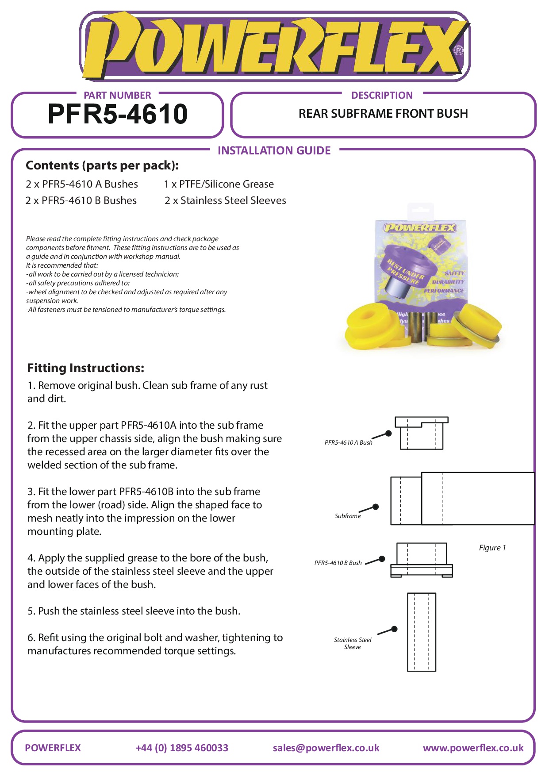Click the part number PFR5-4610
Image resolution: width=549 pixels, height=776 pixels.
click(118, 114)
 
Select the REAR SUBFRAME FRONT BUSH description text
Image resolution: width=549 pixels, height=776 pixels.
click(383, 114)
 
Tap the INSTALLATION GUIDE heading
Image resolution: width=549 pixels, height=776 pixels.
click(274, 151)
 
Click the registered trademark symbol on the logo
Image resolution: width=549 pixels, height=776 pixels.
click(459, 50)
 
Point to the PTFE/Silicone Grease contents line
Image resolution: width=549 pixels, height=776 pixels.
click(219, 184)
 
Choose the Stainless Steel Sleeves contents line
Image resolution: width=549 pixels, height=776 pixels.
click(225, 200)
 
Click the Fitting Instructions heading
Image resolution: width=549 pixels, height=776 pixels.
click(86, 368)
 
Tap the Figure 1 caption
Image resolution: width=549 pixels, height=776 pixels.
click(492, 548)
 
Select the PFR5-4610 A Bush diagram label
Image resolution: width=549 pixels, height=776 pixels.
click(348, 442)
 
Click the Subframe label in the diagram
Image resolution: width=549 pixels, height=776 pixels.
click(348, 516)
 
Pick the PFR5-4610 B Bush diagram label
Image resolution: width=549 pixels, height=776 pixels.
click(338, 563)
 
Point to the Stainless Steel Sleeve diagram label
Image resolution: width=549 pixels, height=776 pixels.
click(353, 643)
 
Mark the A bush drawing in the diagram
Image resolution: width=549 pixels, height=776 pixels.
click(421, 433)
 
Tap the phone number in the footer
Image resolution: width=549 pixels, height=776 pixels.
click(182, 748)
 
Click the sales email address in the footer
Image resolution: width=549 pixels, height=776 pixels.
click(326, 748)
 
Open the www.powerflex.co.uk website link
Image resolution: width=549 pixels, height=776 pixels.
click(473, 748)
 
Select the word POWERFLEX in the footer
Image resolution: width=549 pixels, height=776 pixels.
click(53, 748)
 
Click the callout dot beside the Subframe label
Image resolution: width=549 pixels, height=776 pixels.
click(376, 507)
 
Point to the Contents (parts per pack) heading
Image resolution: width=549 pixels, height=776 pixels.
click(102, 165)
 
